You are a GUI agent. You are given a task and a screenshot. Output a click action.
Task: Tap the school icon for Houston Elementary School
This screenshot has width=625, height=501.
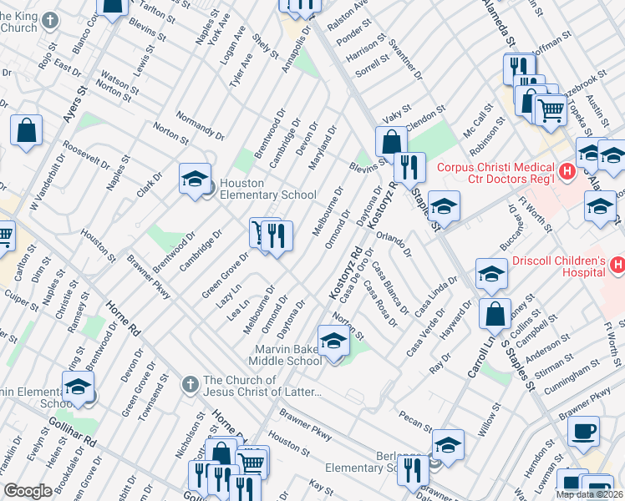pos(195,178)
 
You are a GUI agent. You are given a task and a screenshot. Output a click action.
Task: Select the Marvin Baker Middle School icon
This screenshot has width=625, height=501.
pos(333,342)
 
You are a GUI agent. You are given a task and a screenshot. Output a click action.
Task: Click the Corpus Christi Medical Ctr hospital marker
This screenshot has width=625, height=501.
pos(567,173)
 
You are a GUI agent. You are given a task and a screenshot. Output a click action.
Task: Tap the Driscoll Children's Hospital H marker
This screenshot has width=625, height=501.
pos(617,266)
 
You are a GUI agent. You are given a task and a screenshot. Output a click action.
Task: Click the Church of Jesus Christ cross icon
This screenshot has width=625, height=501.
pos(190,383)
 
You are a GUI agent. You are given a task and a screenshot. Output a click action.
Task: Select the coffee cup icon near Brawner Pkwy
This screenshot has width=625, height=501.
pos(583,430)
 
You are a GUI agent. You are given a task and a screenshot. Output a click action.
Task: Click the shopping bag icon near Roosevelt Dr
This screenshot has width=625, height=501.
pos(27,130)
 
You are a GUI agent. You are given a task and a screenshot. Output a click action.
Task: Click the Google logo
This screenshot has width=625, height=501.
pos(28,491)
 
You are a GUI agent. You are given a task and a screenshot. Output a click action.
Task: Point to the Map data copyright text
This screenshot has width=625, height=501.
pos(589,494)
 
